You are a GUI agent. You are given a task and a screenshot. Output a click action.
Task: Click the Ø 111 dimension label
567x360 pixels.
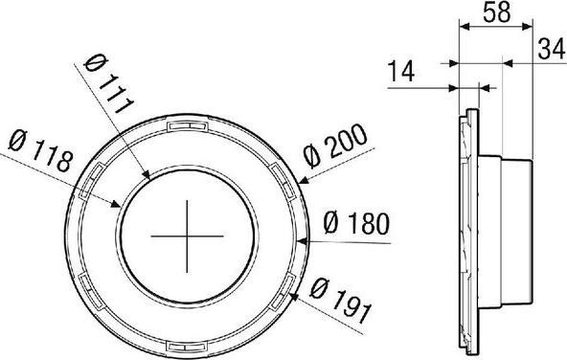(108, 84)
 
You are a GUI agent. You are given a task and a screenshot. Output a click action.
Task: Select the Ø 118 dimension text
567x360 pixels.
(40, 150)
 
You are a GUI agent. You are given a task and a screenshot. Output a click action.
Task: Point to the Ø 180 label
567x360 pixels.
(356, 223)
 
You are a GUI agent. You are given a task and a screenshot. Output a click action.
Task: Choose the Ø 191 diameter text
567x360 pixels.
(341, 301)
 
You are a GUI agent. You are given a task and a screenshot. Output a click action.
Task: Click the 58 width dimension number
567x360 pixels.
(497, 11)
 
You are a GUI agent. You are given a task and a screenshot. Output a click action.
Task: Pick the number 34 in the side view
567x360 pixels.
(551, 49)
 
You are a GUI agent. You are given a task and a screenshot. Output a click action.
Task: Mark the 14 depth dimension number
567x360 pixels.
(400, 71)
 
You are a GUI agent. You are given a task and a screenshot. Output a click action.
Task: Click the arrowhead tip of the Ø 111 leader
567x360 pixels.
(149, 179)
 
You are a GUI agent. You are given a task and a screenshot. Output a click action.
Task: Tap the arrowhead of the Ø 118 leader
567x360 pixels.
(121, 207)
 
